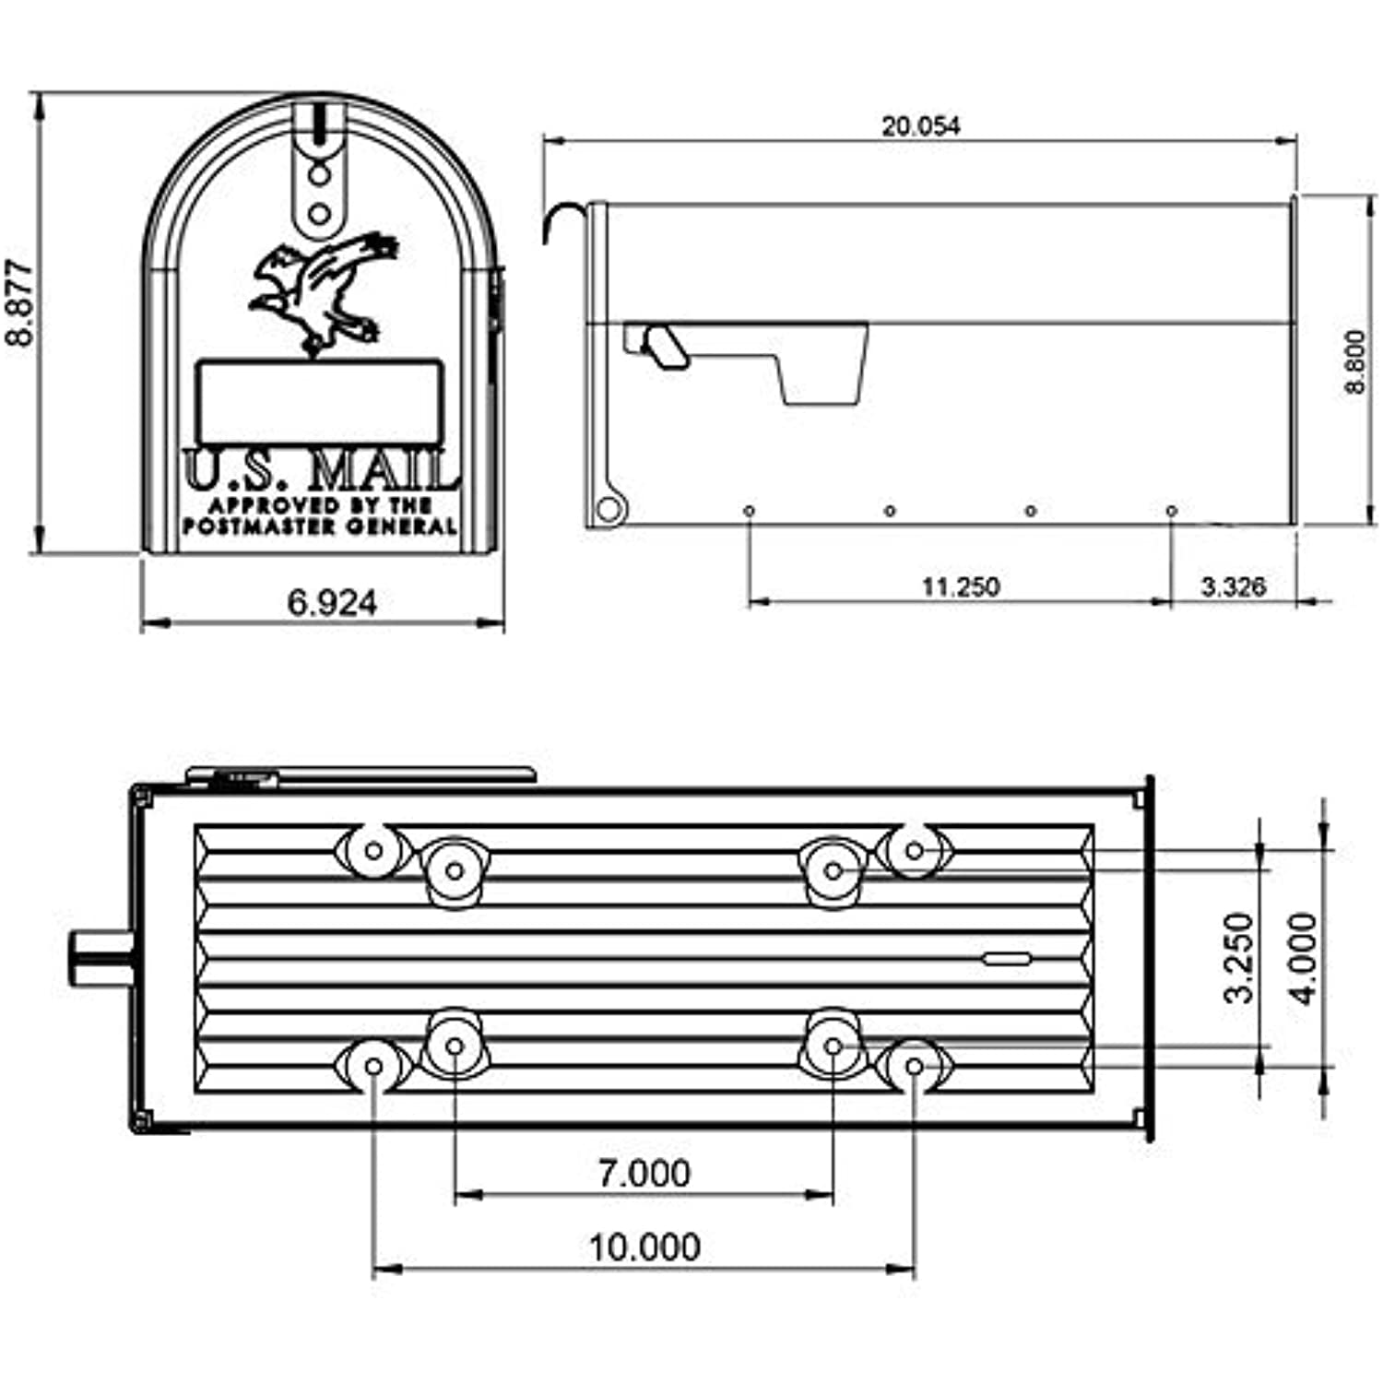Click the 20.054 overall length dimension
point(920,126)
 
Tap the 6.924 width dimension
point(332,603)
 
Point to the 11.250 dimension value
point(960,586)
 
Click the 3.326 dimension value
point(1233,586)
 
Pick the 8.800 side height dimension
point(1354,361)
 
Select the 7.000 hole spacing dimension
point(644,1173)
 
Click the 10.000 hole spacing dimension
point(644,1247)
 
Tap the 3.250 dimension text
point(1239,957)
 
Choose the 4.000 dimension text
point(1304,957)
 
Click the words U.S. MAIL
point(320,472)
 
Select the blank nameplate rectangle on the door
point(319,402)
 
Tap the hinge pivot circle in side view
point(608,509)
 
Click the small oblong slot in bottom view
point(1006,959)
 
